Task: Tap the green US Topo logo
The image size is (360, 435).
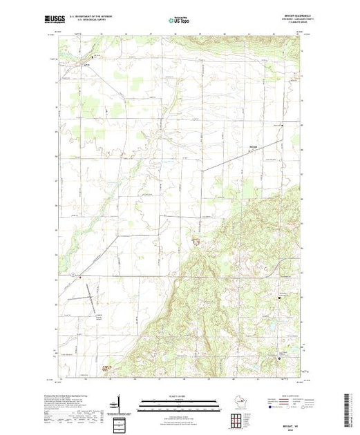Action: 180,22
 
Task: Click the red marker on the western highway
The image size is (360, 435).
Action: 79,278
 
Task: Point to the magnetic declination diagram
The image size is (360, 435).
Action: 120,403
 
